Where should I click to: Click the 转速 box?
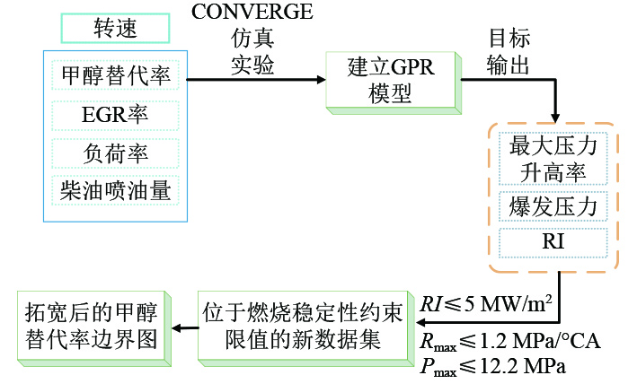click(115, 28)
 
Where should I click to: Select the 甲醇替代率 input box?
click(115, 75)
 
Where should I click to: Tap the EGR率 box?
click(115, 115)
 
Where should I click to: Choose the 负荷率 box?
click(115, 153)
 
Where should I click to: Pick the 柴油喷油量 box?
click(115, 190)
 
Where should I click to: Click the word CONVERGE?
click(252, 12)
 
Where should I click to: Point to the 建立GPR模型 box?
click(394, 83)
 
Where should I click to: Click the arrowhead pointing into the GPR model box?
click(321, 80)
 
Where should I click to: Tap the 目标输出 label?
click(509, 51)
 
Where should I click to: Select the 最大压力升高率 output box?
click(553, 159)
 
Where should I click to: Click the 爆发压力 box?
click(553, 206)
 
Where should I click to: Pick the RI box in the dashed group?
click(553, 242)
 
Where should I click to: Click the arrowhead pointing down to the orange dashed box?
click(555, 118)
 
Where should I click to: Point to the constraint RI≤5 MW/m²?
click(486, 303)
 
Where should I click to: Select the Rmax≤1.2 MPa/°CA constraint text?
click(509, 342)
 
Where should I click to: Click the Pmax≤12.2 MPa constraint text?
click(492, 367)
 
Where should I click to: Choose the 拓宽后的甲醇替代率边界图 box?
click(93, 328)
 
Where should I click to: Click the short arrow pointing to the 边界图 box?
click(185, 327)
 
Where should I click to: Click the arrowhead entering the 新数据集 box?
click(420, 323)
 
